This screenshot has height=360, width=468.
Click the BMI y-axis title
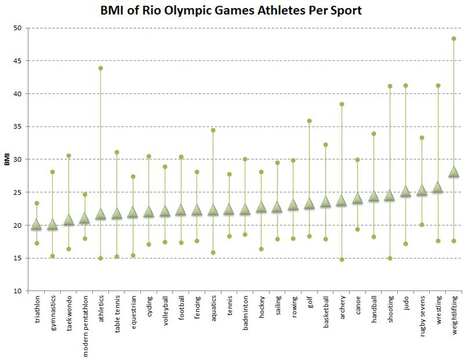(6, 160)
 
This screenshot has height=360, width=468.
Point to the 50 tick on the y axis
(17, 28)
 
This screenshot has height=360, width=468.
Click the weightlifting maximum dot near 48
(454, 39)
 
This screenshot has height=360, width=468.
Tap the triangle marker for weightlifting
(454, 172)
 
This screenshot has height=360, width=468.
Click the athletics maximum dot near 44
(101, 68)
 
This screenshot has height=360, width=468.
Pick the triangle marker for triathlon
(37, 224)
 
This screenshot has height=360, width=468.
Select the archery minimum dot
(342, 260)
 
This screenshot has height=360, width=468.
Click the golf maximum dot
(310, 121)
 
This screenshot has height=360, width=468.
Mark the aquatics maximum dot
(213, 130)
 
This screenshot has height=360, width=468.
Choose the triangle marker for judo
(406, 192)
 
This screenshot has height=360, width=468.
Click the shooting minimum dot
(390, 258)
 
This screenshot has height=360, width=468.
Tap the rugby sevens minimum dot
(422, 224)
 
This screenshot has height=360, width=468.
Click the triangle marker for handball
(374, 196)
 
